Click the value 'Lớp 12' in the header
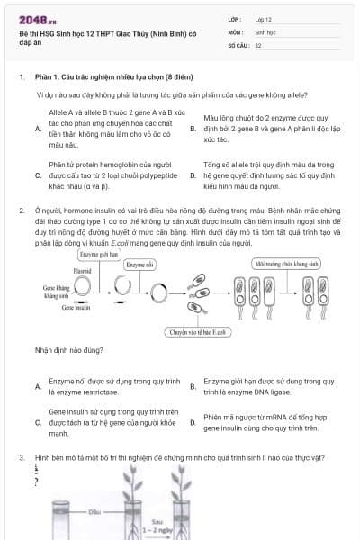[263, 19]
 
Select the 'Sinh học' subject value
[265, 31]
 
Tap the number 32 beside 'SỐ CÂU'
[258, 44]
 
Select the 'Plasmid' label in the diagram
[82, 269]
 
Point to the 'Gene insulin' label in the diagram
[77, 308]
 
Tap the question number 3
[21, 457]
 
